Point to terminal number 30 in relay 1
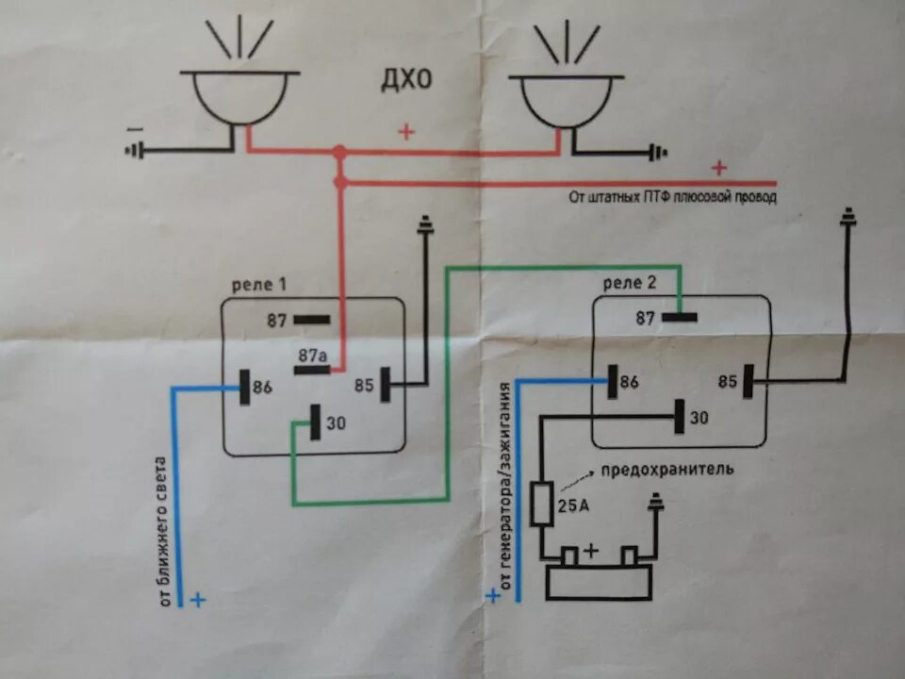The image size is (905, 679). [337, 423]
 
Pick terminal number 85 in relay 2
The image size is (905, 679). [727, 382]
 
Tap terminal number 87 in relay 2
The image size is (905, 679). [645, 319]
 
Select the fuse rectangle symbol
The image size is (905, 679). [543, 504]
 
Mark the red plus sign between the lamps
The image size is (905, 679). [406, 132]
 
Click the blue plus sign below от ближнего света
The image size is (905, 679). [198, 599]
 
